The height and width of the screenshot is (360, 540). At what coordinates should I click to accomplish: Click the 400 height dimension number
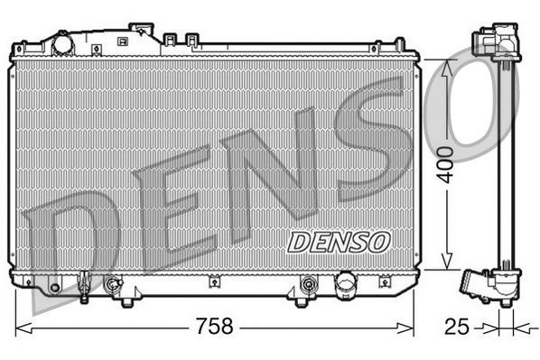(x=445, y=165)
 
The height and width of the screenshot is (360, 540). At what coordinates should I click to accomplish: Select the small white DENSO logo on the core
(x=338, y=242)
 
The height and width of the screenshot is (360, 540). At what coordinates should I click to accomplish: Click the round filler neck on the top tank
(x=62, y=42)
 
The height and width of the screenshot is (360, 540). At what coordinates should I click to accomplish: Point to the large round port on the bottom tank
(x=345, y=285)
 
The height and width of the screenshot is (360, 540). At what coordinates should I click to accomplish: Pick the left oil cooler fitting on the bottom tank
(x=113, y=287)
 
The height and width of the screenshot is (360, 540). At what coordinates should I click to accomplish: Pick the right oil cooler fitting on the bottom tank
(x=309, y=287)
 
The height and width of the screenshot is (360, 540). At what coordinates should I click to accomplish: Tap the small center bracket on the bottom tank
(x=213, y=282)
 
